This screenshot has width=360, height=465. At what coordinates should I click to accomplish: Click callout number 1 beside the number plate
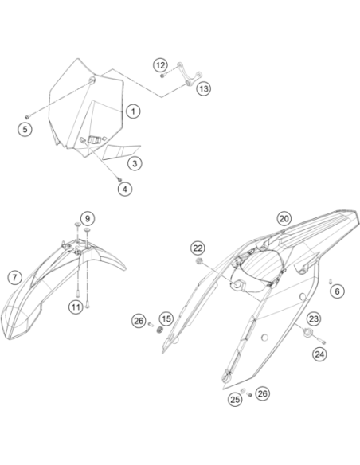point(133,111)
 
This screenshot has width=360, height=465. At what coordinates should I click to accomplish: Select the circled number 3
point(135,163)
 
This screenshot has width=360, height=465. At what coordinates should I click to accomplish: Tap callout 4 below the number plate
point(125,189)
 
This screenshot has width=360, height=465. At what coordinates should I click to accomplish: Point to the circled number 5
point(25,129)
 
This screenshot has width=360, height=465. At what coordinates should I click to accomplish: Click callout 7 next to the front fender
point(14,278)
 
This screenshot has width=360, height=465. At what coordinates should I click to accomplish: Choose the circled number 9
point(88,218)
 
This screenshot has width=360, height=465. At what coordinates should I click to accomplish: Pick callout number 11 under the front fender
point(76,307)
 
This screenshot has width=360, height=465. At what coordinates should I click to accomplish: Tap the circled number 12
point(160,65)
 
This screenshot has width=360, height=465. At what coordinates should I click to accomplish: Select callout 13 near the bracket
point(204,88)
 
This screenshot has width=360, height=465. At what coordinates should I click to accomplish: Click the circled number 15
point(166,318)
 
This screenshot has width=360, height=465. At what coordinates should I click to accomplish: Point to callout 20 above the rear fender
point(284,218)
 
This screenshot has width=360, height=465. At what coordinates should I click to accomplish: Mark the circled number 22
point(198,248)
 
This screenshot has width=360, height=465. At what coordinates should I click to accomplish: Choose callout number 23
point(314,318)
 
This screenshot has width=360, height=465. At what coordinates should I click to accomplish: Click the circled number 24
point(320,354)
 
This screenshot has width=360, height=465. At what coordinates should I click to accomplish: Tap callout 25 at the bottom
point(235,400)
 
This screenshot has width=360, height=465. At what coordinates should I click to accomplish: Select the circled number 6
point(338,291)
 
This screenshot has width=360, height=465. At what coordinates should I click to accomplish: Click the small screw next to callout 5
point(28,116)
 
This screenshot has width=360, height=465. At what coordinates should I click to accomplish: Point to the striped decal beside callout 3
point(121,152)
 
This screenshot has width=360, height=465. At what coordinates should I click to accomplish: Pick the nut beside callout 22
point(199,261)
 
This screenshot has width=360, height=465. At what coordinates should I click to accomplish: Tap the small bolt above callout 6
point(330,281)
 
